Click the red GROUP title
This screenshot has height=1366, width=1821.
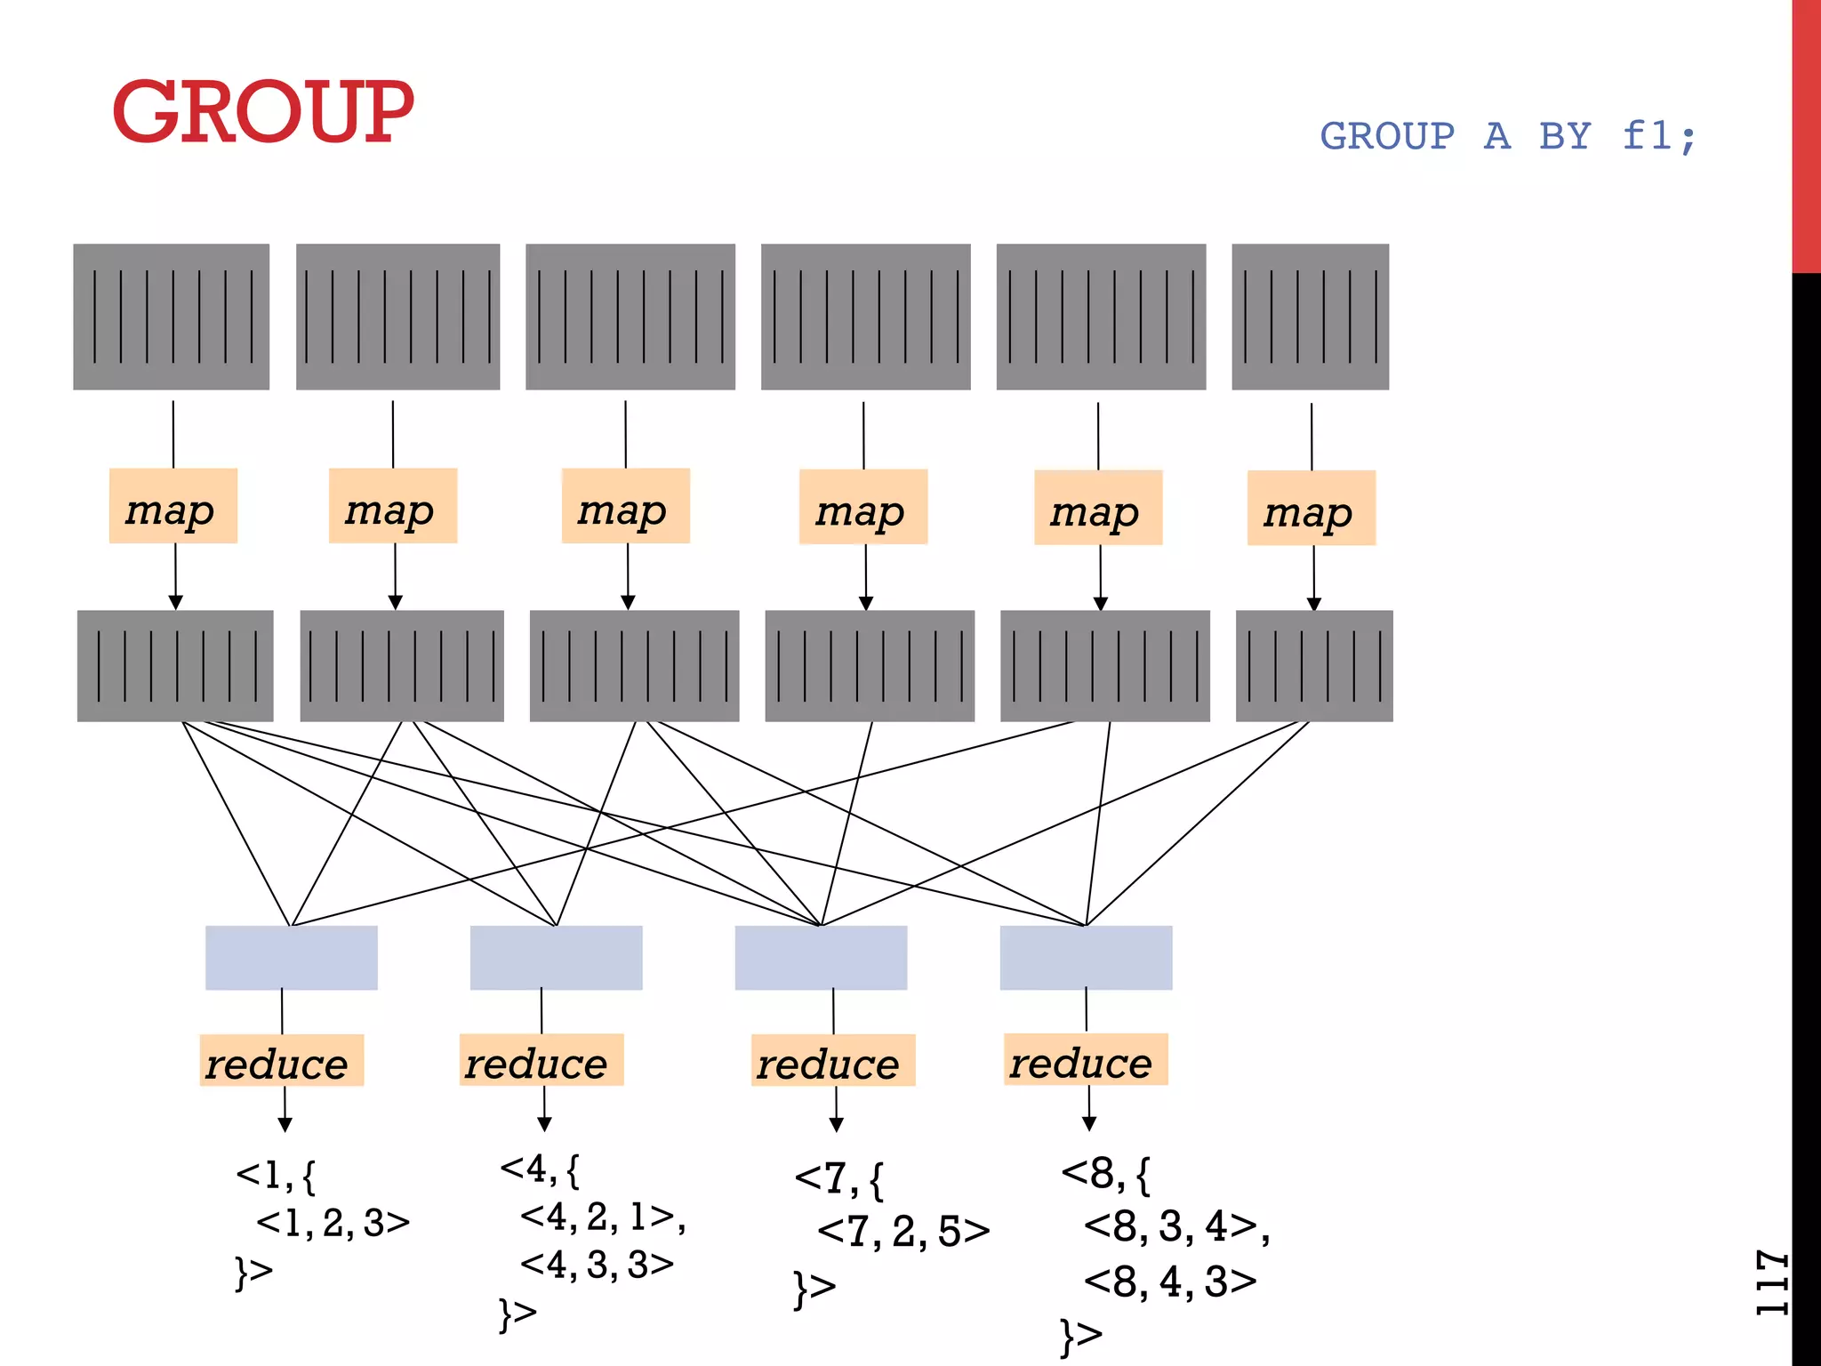tap(263, 111)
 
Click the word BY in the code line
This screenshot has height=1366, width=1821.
tap(1565, 136)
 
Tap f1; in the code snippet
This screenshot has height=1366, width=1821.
tap(1659, 136)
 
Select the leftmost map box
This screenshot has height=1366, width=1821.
tap(173, 506)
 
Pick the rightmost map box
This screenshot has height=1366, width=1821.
tap(1311, 508)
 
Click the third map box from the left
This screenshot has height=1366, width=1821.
tap(625, 506)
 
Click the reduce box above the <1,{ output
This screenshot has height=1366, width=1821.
tap(282, 1060)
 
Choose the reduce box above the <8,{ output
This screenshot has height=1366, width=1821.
tap(1085, 1059)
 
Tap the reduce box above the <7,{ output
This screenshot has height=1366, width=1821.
tap(832, 1060)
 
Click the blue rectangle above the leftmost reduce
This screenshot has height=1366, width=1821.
tap(291, 958)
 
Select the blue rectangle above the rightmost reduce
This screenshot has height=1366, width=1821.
tap(1086, 958)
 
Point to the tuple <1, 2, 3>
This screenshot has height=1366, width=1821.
tap(333, 1223)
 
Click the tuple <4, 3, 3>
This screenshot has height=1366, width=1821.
tap(597, 1264)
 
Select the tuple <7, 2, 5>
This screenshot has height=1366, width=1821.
tap(903, 1232)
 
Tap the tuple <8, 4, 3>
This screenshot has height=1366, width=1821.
tap(1170, 1282)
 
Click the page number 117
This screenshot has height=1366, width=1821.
tap(1771, 1282)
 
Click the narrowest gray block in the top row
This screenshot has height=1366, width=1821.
tap(1310, 317)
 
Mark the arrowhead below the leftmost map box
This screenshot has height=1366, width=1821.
tap(176, 602)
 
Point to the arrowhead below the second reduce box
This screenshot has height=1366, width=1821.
tap(544, 1125)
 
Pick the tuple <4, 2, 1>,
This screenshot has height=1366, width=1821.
tap(602, 1217)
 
